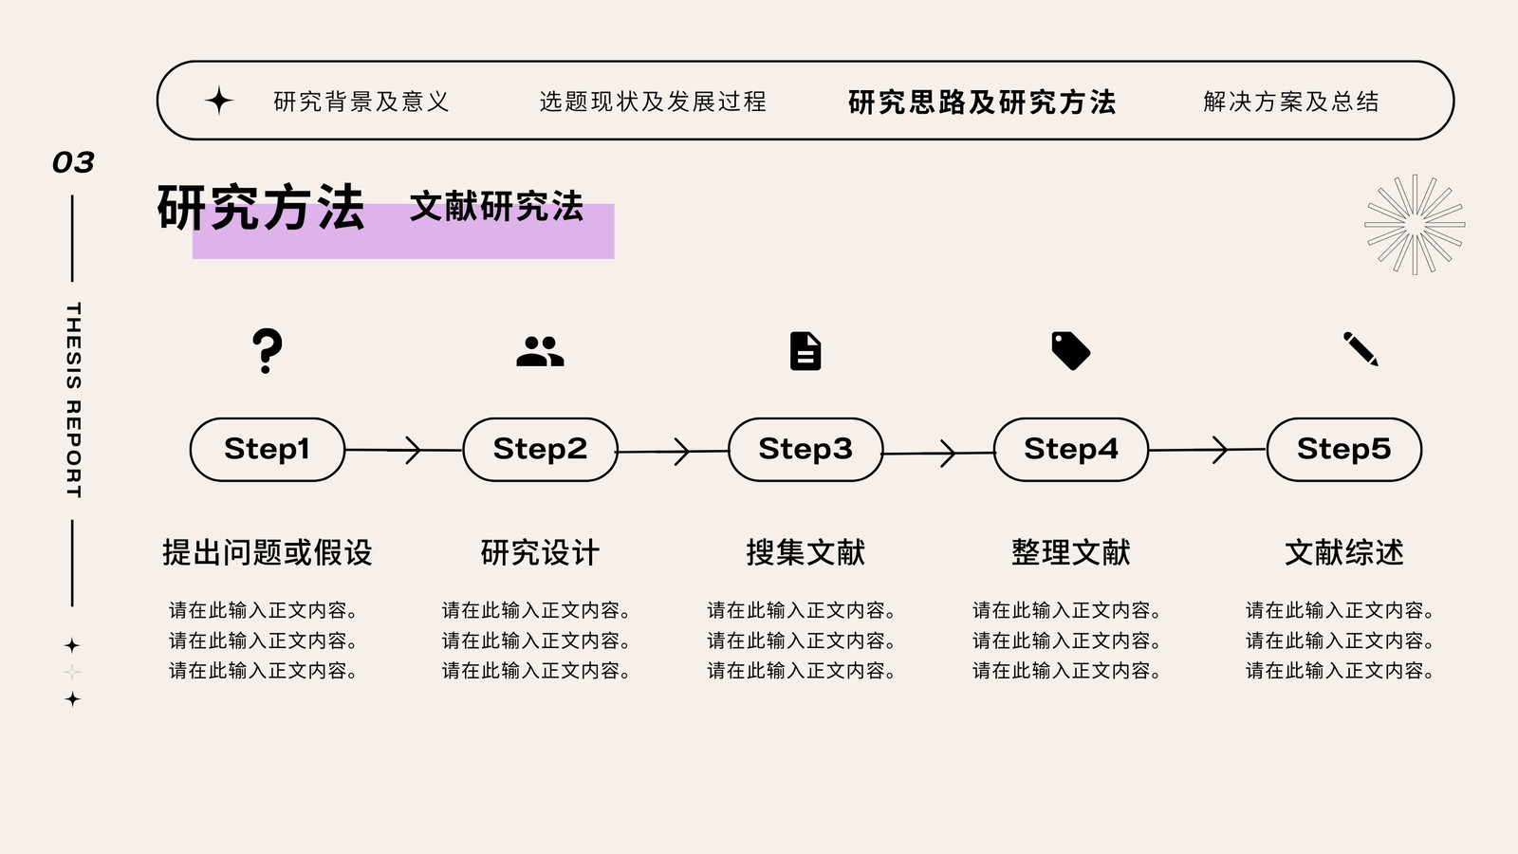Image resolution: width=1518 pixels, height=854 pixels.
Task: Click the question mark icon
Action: pyautogui.click(x=267, y=351)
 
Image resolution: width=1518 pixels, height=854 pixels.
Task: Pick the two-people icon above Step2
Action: pyautogui.click(x=540, y=351)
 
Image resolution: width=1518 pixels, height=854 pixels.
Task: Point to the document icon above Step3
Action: pyautogui.click(x=805, y=351)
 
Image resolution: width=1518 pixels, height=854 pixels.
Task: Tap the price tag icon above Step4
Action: pyautogui.click(x=1071, y=351)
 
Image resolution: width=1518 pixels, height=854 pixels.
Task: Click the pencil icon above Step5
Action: pyautogui.click(x=1361, y=349)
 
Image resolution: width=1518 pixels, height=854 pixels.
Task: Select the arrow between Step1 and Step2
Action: pyautogui.click(x=404, y=450)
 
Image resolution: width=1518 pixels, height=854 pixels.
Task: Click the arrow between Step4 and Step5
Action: pyautogui.click(x=1208, y=450)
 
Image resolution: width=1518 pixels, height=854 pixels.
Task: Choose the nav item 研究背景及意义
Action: pyautogui.click(x=361, y=102)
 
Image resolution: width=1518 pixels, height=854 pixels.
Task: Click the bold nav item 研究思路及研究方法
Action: pyautogui.click(x=982, y=102)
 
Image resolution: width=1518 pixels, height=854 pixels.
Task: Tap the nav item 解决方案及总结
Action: pyautogui.click(x=1291, y=102)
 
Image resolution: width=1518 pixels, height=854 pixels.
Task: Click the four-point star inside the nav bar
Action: pyautogui.click(x=219, y=101)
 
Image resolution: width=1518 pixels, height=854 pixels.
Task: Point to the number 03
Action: pyautogui.click(x=73, y=162)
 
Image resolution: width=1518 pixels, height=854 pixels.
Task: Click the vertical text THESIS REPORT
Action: pyautogui.click(x=73, y=399)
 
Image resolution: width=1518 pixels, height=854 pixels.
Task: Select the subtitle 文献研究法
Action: pyautogui.click(x=497, y=206)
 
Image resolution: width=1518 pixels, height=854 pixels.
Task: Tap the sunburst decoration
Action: pyautogui.click(x=1415, y=224)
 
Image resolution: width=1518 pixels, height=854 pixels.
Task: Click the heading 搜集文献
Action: pyautogui.click(x=805, y=552)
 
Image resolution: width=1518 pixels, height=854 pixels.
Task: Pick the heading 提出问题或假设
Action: pyautogui.click(x=267, y=552)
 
